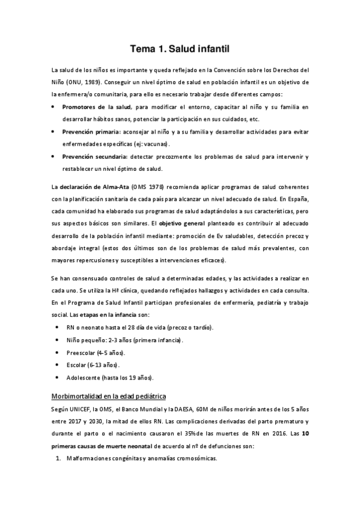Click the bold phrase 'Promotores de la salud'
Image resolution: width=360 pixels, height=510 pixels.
pyautogui.click(x=96, y=106)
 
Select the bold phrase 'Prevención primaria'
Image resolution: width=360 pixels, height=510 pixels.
pyautogui.click(x=91, y=131)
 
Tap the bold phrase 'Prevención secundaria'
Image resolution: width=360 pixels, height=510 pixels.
pyautogui.click(x=94, y=156)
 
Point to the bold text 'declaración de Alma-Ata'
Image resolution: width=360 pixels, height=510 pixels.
pyautogui.click(x=96, y=186)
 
